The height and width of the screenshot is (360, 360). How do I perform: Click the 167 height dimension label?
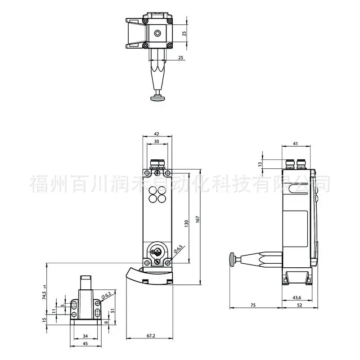[198, 219]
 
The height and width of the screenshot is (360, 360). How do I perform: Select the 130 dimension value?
[186, 223]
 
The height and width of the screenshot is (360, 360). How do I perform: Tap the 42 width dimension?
[156, 134]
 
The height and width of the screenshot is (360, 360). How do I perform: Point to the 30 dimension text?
[156, 141]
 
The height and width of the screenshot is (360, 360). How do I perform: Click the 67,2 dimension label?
[151, 336]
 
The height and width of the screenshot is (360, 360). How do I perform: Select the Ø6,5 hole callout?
[178, 249]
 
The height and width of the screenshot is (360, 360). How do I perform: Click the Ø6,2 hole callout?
[106, 295]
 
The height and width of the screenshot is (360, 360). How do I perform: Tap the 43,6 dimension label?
[297, 297]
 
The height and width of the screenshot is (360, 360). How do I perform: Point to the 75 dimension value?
[253, 305]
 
